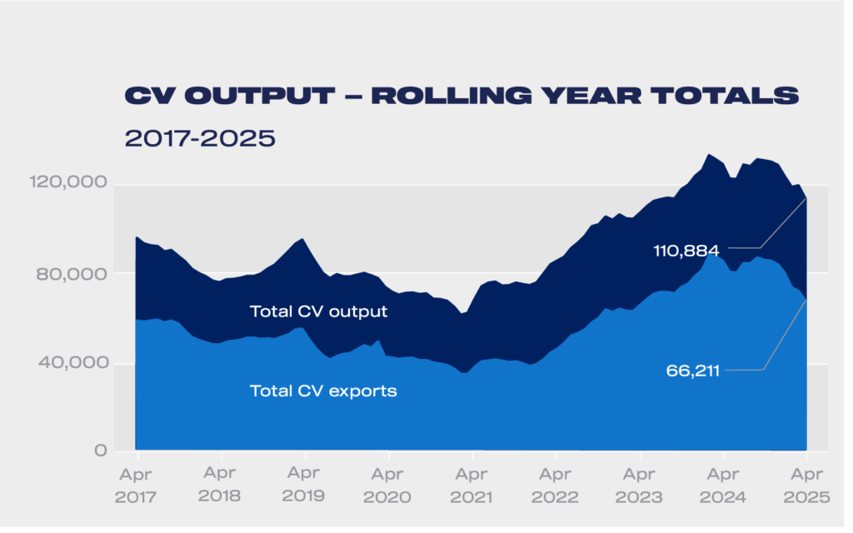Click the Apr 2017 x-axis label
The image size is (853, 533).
click(x=137, y=486)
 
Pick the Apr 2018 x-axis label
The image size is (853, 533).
click(x=221, y=486)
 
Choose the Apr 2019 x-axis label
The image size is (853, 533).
click(x=305, y=486)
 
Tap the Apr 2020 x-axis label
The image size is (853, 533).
click(x=388, y=486)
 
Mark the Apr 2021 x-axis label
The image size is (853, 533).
click(x=472, y=486)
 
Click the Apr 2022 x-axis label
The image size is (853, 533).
click(x=556, y=486)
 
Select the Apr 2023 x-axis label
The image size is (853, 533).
click(x=640, y=486)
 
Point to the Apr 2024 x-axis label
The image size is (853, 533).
click(x=723, y=486)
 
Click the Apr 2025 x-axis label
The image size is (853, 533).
click(x=806, y=486)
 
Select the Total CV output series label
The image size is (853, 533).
click(x=318, y=312)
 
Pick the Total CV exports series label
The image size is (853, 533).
click(x=323, y=391)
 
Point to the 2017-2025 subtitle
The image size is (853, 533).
click(x=200, y=137)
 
